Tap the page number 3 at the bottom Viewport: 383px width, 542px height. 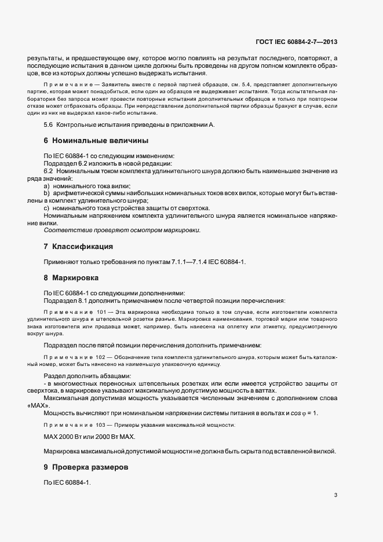click(x=336, y=495)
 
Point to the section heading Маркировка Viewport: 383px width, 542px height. click(x=75, y=277)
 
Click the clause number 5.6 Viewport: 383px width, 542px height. click(x=49, y=125)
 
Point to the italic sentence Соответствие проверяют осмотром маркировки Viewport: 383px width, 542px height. click(x=122, y=230)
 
